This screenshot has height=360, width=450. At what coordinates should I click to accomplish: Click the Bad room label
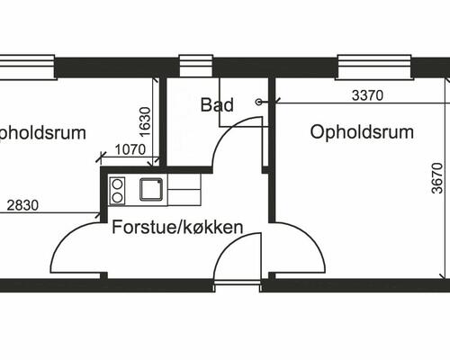pos(217,105)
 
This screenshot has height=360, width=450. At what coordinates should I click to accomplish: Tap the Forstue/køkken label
pos(177,227)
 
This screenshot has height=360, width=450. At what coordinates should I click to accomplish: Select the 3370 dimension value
pos(367,95)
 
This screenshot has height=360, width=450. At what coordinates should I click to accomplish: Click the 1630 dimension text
pos(145,121)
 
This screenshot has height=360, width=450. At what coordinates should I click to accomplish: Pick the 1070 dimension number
pos(130,149)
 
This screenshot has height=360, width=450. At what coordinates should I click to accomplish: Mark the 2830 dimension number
pos(22,205)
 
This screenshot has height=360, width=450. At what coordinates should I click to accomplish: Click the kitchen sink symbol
pos(151,189)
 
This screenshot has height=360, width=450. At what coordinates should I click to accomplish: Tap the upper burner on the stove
pos(117,184)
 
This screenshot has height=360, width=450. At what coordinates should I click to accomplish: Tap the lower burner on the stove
pos(117,197)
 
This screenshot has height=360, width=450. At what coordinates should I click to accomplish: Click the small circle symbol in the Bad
pos(258,102)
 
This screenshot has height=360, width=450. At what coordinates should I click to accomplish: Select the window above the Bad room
pos(196,66)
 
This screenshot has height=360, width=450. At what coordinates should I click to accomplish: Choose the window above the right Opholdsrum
pos(374,67)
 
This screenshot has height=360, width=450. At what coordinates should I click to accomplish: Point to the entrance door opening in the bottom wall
pos(237,285)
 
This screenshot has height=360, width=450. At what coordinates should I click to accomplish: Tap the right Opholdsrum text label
pos(362,131)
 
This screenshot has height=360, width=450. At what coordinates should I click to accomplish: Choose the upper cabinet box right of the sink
pos(184,182)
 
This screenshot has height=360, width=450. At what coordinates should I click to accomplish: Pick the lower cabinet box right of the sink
pos(184,198)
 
